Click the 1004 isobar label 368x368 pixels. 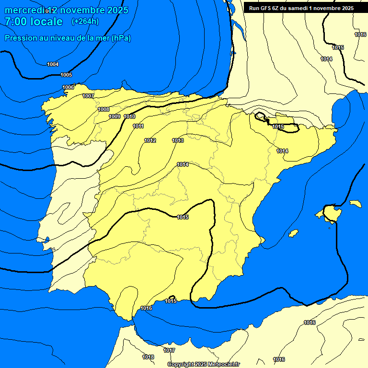[x=53, y=65]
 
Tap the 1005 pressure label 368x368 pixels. [x=66, y=75]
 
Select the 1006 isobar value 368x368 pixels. [x=68, y=87]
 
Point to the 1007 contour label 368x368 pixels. [x=88, y=96]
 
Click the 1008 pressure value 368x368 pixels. [x=103, y=109]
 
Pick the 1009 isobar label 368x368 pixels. [x=115, y=117]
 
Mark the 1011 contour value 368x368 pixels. [x=138, y=126]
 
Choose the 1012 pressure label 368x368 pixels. [x=150, y=140]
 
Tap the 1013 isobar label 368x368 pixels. [x=178, y=140]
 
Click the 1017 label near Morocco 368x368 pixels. [x=169, y=351]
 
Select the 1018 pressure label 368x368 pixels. [x=148, y=357]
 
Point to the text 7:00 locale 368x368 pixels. [x=34, y=22]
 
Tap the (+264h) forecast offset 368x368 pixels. [x=85, y=22]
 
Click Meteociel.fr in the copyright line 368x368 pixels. [x=222, y=365]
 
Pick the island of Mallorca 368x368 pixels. [x=330, y=212]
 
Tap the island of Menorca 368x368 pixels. [x=355, y=204]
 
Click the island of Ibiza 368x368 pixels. [x=294, y=233]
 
